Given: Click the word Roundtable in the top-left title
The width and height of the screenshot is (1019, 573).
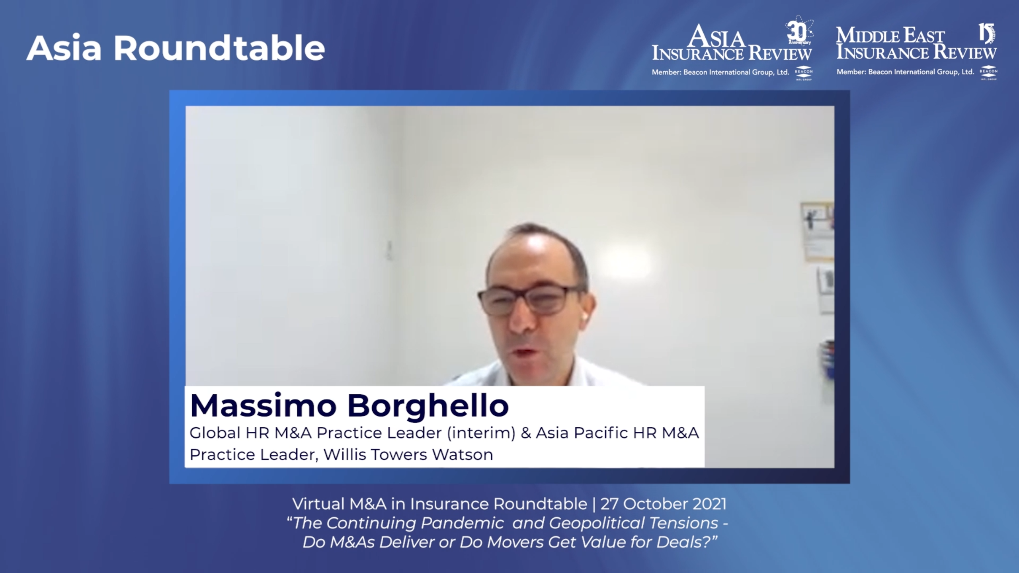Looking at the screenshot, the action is coord(219,48).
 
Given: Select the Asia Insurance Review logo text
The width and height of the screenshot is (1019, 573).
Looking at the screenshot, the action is coord(732,43).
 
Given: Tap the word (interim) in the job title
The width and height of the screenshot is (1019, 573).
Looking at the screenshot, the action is coord(481,433).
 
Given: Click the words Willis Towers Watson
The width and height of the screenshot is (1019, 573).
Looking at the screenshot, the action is coord(408,454).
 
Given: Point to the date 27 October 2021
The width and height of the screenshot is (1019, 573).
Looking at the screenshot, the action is coord(664,504).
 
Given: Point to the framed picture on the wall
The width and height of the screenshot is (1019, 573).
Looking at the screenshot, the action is coord(817,231).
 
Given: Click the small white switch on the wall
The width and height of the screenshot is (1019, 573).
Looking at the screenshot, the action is coord(389,250).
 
